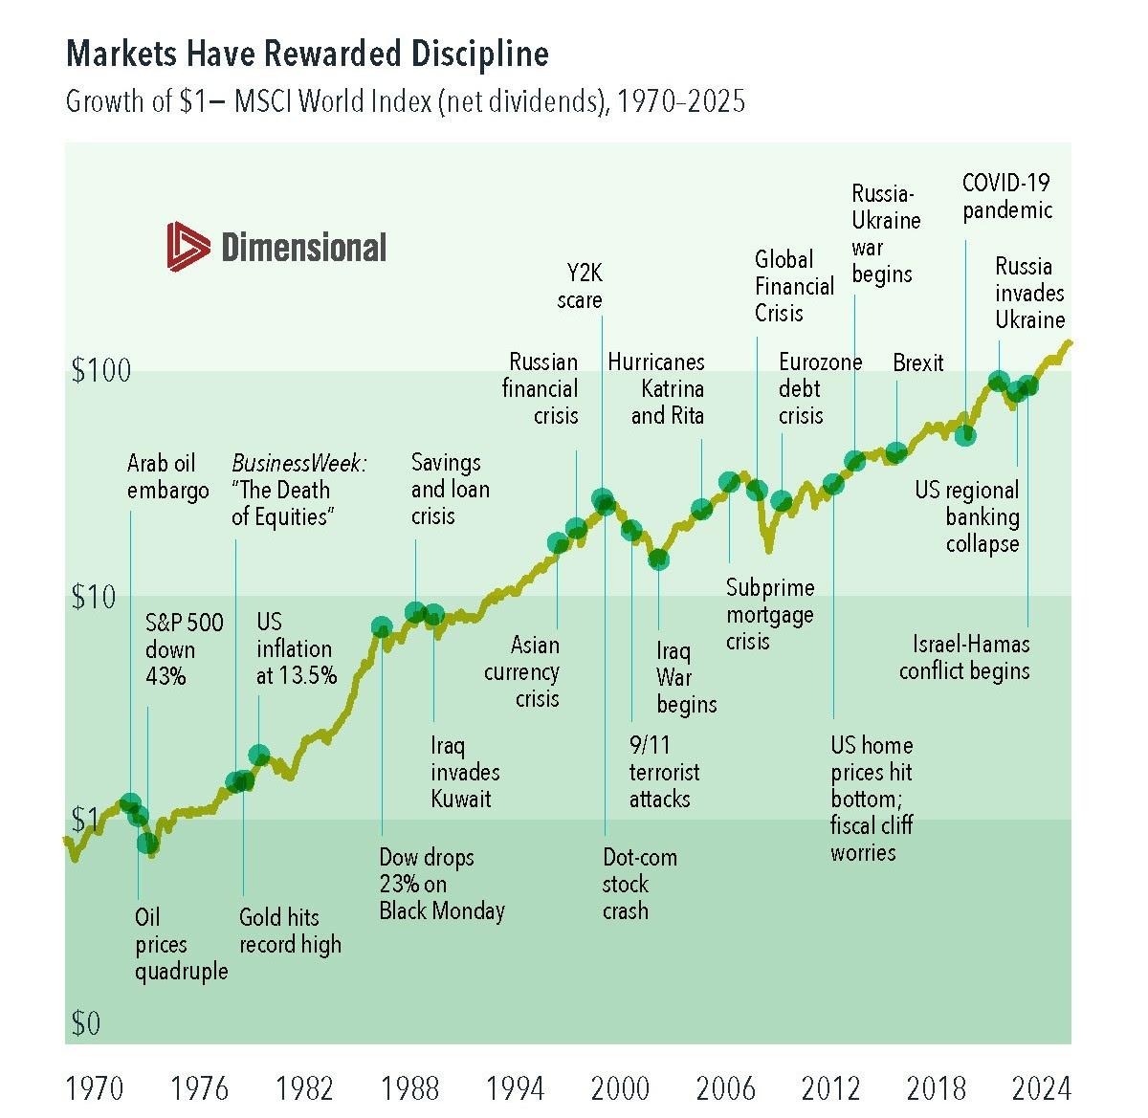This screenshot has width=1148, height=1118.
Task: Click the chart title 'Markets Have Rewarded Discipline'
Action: click(x=307, y=55)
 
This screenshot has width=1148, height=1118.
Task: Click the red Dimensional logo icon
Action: click(x=188, y=246)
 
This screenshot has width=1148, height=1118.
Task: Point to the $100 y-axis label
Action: click(x=100, y=371)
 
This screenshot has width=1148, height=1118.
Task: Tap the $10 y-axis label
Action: click(x=93, y=598)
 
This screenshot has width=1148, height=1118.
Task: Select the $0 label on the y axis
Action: click(x=85, y=1024)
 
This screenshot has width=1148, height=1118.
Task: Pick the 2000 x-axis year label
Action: click(x=620, y=1088)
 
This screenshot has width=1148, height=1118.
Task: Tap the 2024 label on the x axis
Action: click(x=1041, y=1088)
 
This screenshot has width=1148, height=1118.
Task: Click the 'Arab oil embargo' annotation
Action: click(x=167, y=477)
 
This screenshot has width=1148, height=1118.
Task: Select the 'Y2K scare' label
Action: click(x=580, y=287)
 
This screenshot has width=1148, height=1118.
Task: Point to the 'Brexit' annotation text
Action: click(x=917, y=363)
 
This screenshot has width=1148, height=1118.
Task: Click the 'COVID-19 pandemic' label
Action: click(x=1006, y=196)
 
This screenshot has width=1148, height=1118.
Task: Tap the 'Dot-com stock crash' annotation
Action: click(x=639, y=884)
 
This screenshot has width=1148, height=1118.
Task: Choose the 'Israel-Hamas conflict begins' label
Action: click(x=964, y=657)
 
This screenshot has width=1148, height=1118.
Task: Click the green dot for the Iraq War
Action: click(x=658, y=559)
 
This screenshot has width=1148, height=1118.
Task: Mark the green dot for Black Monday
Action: click(x=382, y=627)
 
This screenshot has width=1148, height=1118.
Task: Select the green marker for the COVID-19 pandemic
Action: click(x=965, y=435)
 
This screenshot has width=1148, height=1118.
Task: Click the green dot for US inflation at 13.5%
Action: click(x=258, y=756)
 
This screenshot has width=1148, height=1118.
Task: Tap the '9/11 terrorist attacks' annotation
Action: click(x=664, y=772)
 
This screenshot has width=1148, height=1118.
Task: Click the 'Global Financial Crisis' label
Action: click(x=794, y=286)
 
